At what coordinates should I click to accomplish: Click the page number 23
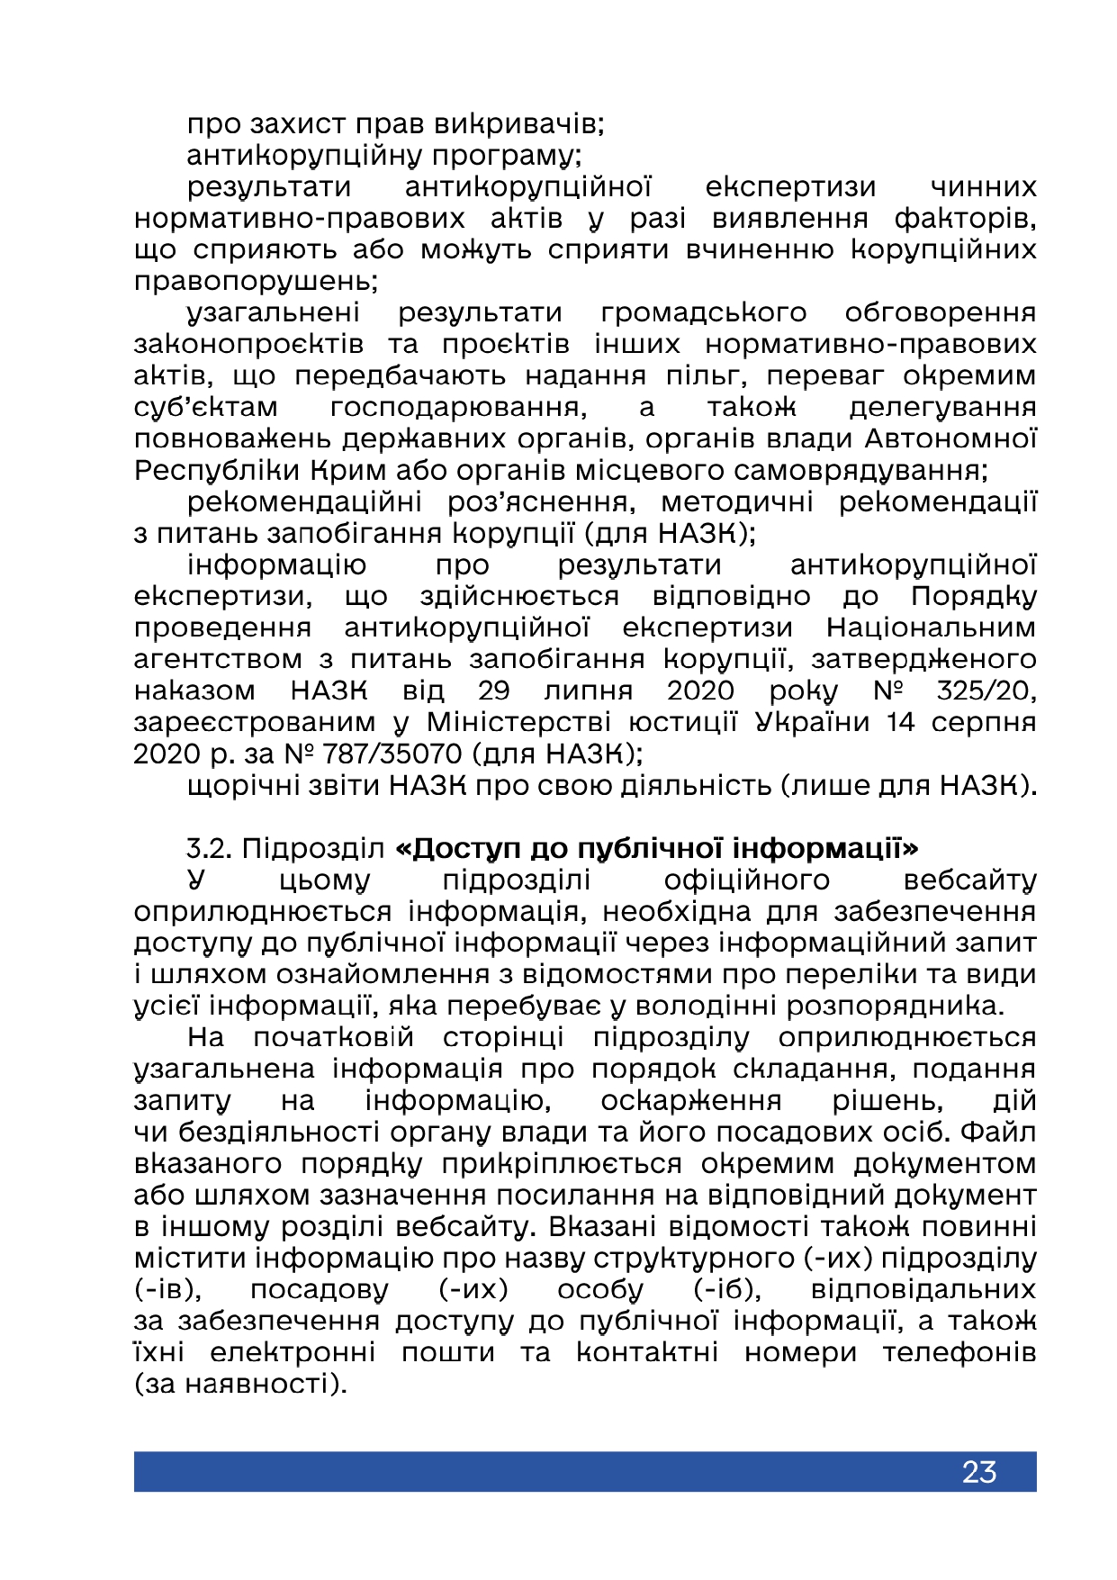978,1471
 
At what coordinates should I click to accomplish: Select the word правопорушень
256,282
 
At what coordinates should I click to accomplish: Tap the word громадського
703,313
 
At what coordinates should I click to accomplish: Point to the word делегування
942,408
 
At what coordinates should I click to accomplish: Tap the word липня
588,691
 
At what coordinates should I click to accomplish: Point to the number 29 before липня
494,691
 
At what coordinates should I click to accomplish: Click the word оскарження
690,1101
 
